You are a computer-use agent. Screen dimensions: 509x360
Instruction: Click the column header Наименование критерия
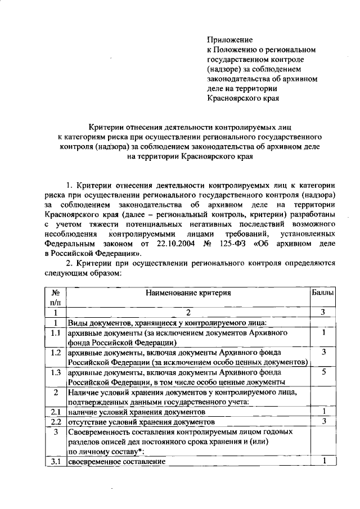pyautogui.click(x=188, y=293)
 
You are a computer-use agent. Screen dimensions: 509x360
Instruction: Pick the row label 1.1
pyautogui.click(x=56, y=333)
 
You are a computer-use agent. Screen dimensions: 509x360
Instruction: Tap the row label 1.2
pyautogui.click(x=56, y=353)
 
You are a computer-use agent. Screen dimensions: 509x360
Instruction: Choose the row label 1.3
pyautogui.click(x=56, y=372)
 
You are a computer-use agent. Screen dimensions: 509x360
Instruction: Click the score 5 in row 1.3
pyautogui.click(x=325, y=372)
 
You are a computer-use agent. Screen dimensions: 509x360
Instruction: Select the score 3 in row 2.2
pyautogui.click(x=325, y=421)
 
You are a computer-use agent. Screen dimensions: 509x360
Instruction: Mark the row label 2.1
pyautogui.click(x=56, y=412)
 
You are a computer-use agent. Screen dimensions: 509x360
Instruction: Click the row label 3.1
pyautogui.click(x=56, y=461)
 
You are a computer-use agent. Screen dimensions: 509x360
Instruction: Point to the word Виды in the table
pyautogui.click(x=78, y=323)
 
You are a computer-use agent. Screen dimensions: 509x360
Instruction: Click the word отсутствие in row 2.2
pyautogui.click(x=88, y=421)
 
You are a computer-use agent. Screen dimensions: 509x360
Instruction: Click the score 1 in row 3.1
pyautogui.click(x=325, y=461)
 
